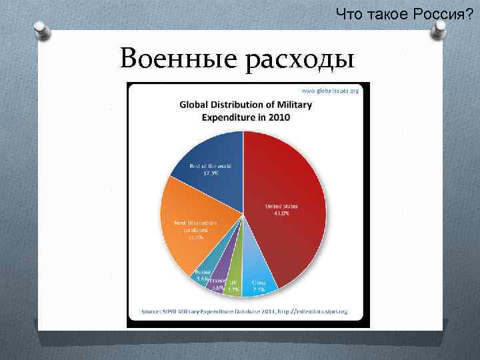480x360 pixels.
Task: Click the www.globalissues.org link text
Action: click(x=330, y=90)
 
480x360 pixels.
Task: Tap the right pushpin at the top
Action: click(x=441, y=29)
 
